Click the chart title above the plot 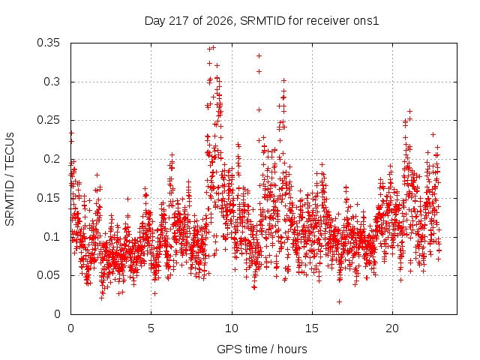(262, 21)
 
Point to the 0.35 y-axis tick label (48, 43)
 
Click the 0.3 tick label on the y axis (52, 82)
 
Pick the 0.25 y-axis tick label (48, 120)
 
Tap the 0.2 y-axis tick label (52, 159)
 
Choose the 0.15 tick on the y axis (48, 198)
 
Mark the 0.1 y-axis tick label (52, 237)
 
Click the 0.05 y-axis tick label (48, 275)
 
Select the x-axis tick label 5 (151, 328)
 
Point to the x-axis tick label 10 (232, 328)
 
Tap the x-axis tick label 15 (312, 328)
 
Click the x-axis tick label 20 (392, 328)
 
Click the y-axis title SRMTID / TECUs (10, 179)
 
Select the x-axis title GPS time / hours (262, 349)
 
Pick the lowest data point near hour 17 (339, 301)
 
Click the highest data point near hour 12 (259, 55)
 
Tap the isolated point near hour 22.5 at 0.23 (433, 134)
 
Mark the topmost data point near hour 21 (410, 112)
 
